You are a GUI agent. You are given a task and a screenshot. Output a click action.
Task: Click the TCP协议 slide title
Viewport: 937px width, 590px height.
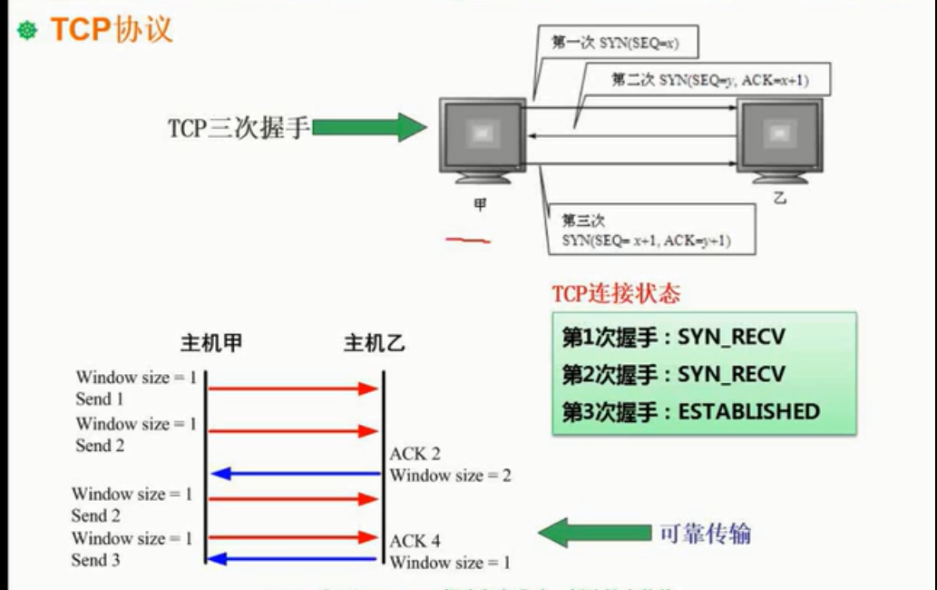(111, 30)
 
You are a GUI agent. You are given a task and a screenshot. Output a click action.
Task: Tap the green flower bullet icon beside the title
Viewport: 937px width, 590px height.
(28, 31)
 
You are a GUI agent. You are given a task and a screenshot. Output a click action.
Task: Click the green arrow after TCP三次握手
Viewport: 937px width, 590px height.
(368, 127)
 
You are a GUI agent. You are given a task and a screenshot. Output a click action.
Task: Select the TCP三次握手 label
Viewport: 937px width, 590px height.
(239, 128)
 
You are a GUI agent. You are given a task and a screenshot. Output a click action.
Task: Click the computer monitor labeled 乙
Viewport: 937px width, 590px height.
(779, 138)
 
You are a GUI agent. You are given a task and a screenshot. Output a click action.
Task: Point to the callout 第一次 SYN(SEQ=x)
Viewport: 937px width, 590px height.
(616, 43)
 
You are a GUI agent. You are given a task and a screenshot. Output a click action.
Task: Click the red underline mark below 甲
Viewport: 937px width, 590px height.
(468, 241)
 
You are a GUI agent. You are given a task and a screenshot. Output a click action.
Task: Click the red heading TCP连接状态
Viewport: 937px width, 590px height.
(616, 294)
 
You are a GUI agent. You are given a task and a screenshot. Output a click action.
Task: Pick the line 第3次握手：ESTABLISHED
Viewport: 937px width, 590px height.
(690, 411)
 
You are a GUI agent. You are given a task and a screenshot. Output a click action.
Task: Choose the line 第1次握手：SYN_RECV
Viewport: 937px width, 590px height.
(673, 339)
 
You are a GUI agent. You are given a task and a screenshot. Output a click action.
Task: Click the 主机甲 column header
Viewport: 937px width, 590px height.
(211, 344)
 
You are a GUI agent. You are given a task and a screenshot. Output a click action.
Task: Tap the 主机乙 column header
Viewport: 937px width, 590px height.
(375, 344)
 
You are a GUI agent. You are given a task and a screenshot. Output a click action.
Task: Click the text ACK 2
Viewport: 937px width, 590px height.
(415, 454)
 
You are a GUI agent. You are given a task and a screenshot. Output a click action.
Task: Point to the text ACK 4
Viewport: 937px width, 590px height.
(415, 541)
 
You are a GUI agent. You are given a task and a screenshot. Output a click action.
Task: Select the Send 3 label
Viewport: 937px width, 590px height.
(96, 560)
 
